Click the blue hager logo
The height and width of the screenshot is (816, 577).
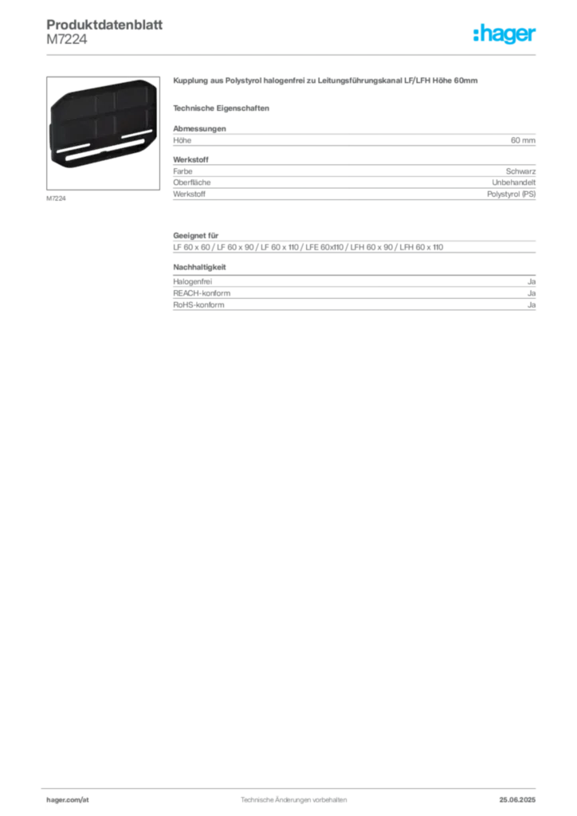(x=505, y=35)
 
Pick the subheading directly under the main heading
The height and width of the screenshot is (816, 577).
(x=223, y=107)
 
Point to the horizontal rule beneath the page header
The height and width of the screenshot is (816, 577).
(x=293, y=53)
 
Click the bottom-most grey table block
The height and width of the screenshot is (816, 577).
(x=354, y=294)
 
